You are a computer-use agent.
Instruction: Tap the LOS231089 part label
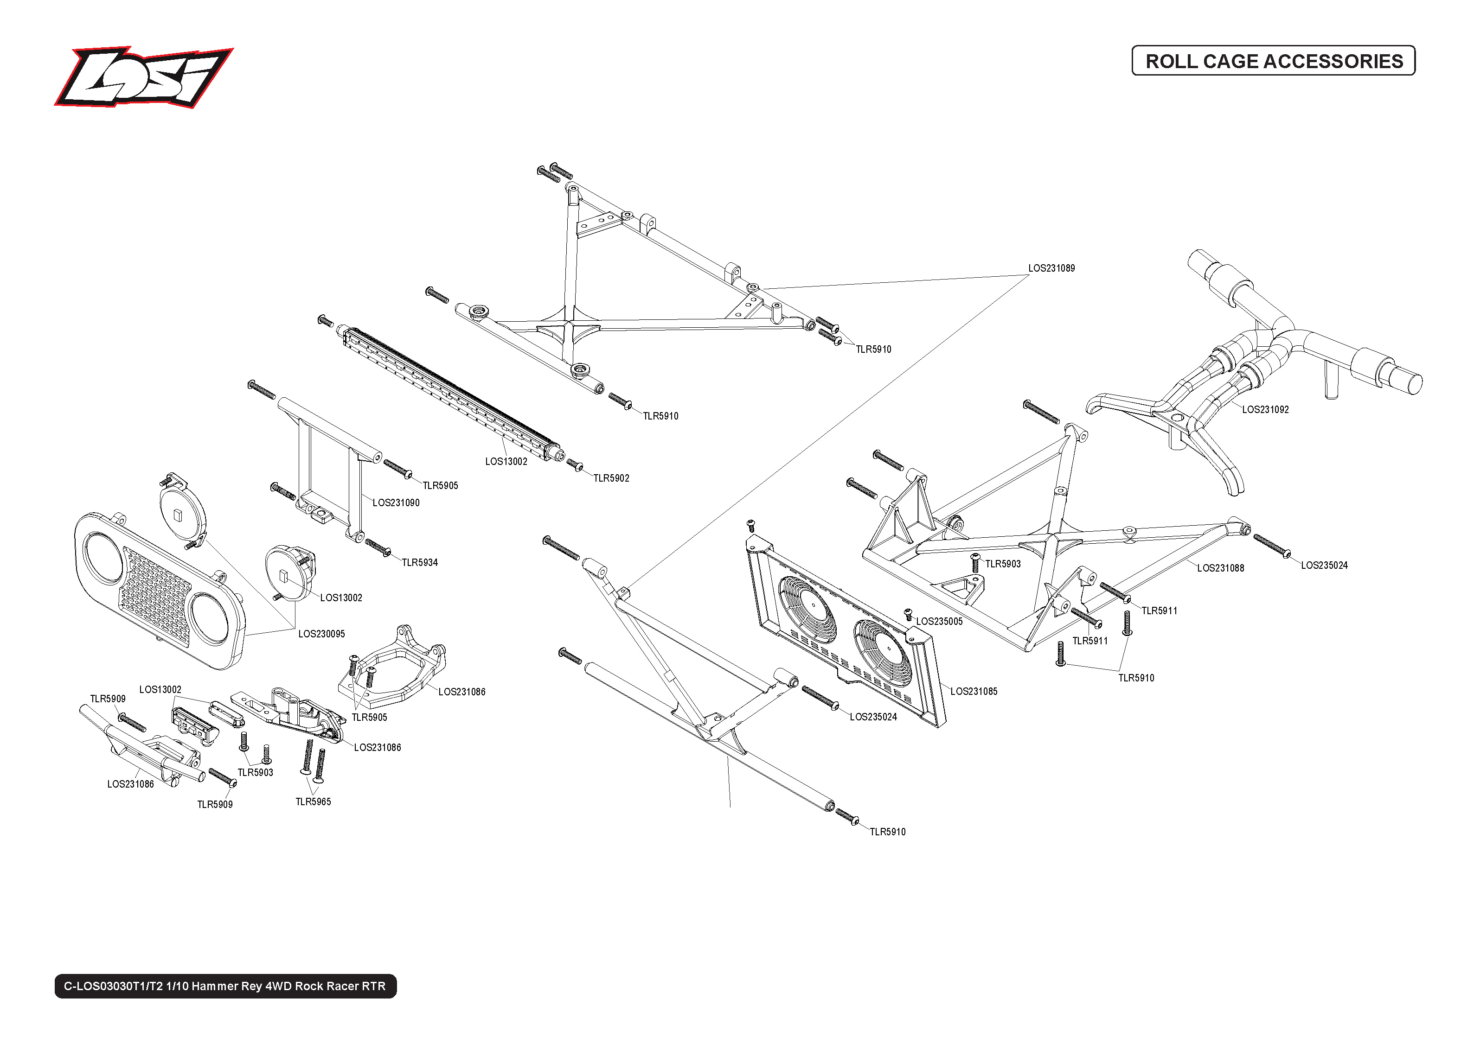1051,268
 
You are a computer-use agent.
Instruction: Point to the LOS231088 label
1220,568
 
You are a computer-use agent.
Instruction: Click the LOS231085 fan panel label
974,692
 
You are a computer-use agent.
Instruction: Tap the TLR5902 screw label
611,478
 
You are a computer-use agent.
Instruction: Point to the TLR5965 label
313,802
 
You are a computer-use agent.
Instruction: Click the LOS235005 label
939,622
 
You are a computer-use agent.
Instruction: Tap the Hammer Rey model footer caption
225,986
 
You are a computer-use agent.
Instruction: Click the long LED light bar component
448,393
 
